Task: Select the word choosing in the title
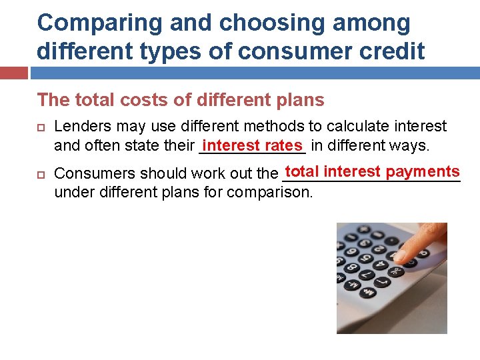pos(253,23)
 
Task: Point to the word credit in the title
pos(390,51)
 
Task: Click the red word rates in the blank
pos(283,145)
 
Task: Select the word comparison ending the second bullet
pos(269,193)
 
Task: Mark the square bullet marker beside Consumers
pos(41,174)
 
